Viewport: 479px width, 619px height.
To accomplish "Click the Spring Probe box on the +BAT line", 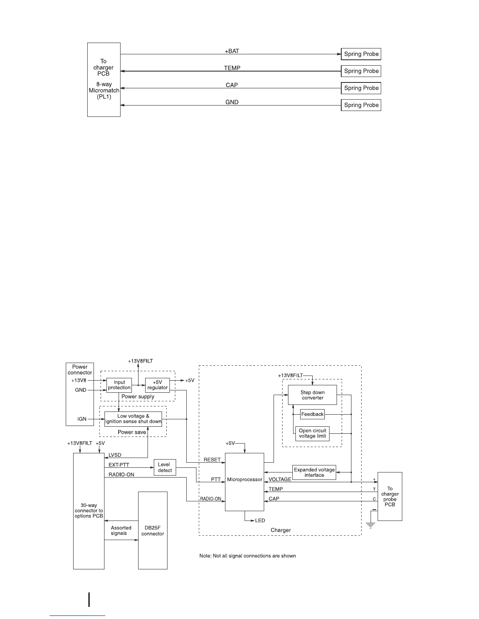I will point(361,54).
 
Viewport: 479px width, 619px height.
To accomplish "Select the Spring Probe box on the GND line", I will point(361,105).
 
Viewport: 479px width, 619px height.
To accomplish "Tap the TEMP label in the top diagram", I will point(232,68).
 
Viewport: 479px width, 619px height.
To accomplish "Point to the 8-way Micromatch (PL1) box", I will point(104,80).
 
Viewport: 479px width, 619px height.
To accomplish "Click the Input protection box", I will point(119,385).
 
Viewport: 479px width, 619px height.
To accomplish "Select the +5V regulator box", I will point(157,385).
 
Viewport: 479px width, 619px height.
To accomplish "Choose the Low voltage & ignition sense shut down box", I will point(133,419).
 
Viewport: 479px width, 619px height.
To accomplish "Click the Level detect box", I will point(165,467).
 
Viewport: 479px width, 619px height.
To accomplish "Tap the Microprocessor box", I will point(245,481).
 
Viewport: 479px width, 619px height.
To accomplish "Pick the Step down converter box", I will point(312,395).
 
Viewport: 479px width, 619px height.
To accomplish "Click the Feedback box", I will point(312,414).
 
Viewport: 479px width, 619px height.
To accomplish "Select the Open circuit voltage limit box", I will point(312,433).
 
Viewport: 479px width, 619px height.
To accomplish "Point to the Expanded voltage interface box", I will point(314,472).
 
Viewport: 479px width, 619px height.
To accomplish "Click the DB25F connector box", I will point(153,530).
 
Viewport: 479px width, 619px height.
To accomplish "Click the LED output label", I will point(260,520).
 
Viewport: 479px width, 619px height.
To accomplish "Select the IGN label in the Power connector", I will point(82,419).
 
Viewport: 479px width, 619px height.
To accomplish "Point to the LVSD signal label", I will point(115,455).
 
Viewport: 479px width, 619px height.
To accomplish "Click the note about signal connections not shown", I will point(247,556).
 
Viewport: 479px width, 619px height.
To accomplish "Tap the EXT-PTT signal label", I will point(119,465).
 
